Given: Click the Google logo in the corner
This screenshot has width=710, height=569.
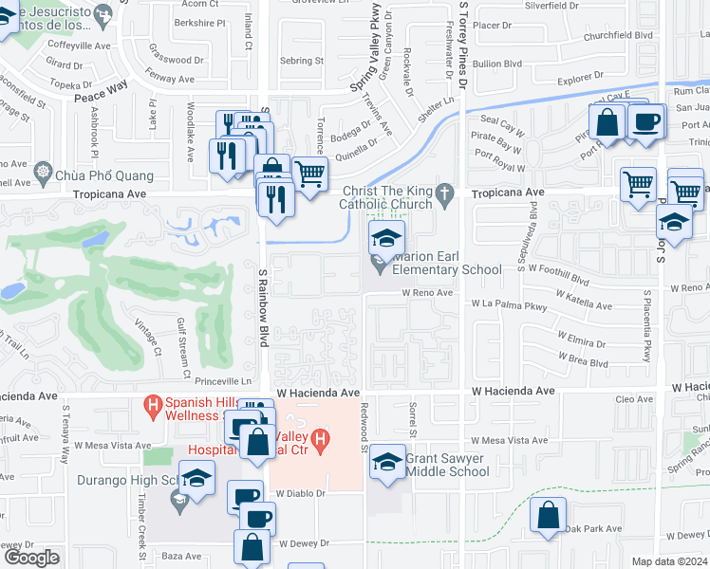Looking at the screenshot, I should [30, 558].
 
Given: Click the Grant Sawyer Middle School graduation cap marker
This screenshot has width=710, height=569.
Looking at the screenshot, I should [386, 462].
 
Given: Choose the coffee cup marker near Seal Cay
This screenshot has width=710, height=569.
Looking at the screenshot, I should [645, 123].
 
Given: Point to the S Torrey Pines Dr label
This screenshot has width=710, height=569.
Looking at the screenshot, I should [463, 47].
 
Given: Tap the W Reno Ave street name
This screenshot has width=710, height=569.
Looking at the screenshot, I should [432, 293].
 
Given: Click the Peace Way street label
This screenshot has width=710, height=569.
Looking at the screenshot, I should [101, 85].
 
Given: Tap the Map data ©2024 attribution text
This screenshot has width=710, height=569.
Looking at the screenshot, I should [670, 561].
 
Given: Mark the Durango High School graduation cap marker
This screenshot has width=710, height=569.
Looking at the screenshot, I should [196, 479].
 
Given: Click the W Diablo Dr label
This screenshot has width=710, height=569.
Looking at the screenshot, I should [301, 493].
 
